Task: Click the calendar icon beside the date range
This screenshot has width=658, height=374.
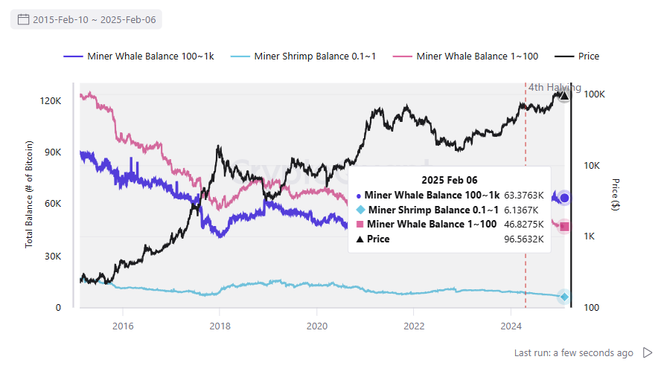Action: [23, 19]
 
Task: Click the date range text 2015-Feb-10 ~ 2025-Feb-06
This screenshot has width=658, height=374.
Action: [94, 19]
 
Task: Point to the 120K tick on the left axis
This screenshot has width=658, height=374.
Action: [50, 100]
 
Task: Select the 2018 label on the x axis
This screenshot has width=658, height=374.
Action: [220, 326]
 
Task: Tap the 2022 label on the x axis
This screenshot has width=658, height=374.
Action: [414, 326]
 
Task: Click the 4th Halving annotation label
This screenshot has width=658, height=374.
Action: [555, 87]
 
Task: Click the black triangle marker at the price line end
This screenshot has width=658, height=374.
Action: [564, 95]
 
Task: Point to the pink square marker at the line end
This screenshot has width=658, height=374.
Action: [564, 227]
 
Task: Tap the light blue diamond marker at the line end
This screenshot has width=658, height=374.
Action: [564, 297]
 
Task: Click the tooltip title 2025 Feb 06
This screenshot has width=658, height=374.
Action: [449, 180]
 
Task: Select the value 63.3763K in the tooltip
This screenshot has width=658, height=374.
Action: [524, 195]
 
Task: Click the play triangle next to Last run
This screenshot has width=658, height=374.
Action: [647, 352]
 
